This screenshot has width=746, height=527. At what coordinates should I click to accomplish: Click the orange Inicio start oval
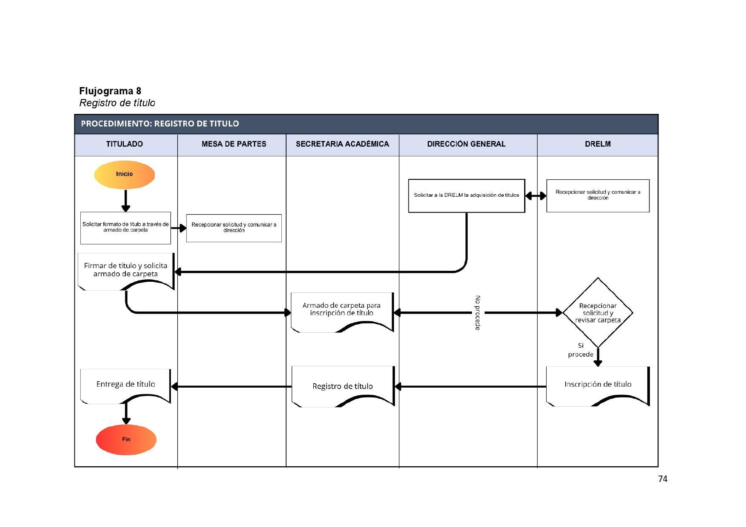tap(124, 174)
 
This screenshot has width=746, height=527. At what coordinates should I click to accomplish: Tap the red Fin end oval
tap(126, 439)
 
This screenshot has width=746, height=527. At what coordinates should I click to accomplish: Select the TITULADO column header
tap(125, 144)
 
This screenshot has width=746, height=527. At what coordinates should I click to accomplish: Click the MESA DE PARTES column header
tap(234, 144)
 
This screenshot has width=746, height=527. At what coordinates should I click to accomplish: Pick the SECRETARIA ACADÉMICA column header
tap(342, 144)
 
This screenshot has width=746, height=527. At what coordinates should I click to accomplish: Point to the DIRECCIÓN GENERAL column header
tap(466, 144)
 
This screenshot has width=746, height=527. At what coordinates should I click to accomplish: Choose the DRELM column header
tap(598, 144)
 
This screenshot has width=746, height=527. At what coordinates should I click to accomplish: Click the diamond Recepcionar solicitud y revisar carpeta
tap(598, 313)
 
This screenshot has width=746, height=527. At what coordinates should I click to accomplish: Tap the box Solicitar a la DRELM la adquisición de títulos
tap(466, 195)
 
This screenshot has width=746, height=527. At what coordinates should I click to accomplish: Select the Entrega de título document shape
tap(125, 385)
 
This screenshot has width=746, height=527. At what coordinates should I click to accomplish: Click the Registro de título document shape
tap(343, 386)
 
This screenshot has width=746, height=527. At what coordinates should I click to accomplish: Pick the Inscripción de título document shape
tap(598, 385)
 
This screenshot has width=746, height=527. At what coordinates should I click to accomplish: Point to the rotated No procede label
tap(478, 313)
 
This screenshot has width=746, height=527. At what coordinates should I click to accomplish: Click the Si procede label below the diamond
tap(580, 350)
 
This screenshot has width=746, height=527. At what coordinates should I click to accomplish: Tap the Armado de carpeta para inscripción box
tap(342, 310)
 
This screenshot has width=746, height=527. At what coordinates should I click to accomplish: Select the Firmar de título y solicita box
tap(126, 270)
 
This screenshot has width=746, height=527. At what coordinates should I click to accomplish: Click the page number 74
tap(662, 479)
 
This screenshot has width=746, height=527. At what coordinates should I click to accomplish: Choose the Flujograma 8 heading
tap(111, 91)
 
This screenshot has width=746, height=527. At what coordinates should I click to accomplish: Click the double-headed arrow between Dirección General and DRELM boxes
tap(536, 196)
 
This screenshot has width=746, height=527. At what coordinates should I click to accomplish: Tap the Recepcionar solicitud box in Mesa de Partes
tap(234, 228)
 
